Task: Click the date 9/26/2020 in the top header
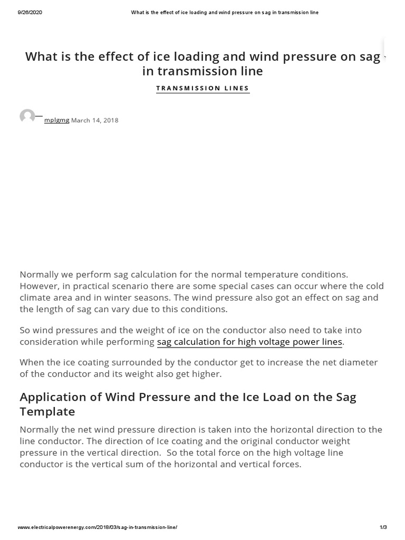pyautogui.click(x=30, y=12)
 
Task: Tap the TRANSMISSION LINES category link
pyautogui.click(x=202, y=88)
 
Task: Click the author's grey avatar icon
pyautogui.click(x=27, y=117)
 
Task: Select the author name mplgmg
pyautogui.click(x=56, y=120)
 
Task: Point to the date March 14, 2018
pyautogui.click(x=95, y=120)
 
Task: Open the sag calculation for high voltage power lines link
pyautogui.click(x=249, y=342)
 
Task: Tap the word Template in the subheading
pyautogui.click(x=47, y=411)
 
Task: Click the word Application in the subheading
pyautogui.click(x=53, y=397)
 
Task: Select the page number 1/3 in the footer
pyautogui.click(x=383, y=527)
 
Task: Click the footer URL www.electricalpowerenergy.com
pyautogui.click(x=97, y=527)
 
